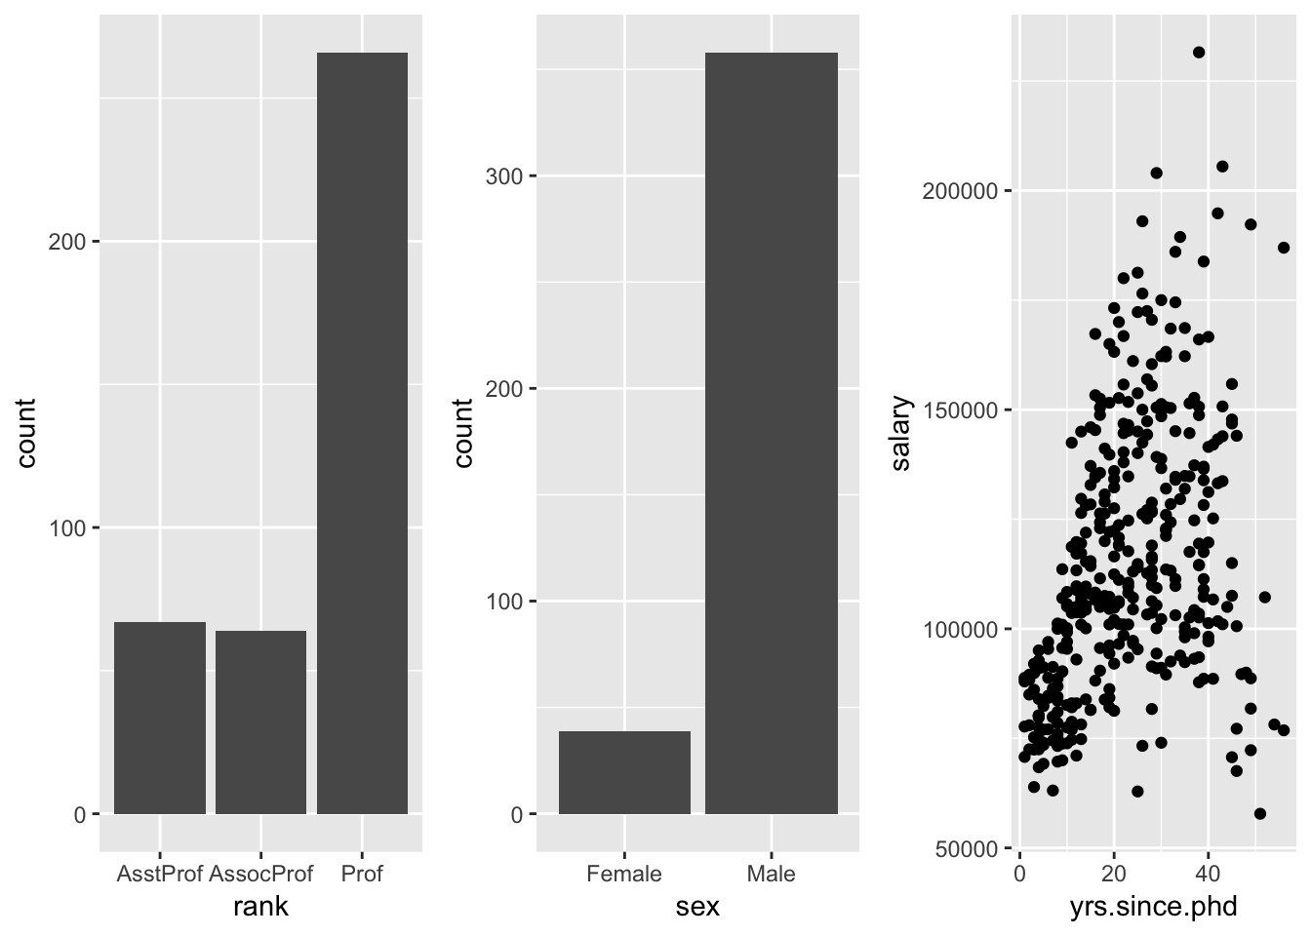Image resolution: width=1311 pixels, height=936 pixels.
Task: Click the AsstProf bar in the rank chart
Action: (x=160, y=718)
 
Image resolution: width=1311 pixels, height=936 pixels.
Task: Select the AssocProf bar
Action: (x=260, y=721)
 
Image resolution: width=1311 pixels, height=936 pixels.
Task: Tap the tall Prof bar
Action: (x=362, y=433)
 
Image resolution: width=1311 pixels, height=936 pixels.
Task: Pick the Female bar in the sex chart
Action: (x=624, y=772)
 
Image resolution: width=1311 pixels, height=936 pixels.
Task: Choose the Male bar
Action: (x=771, y=433)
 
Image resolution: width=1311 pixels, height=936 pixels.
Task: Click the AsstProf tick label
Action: (x=160, y=874)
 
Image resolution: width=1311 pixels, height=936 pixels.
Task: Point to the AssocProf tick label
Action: (x=260, y=874)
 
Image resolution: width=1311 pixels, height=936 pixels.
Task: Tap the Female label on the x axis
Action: (x=624, y=874)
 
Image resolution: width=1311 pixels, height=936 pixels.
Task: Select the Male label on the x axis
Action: (x=771, y=874)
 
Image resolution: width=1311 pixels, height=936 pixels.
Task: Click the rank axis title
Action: (x=260, y=908)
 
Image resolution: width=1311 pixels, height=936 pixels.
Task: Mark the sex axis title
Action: (x=697, y=908)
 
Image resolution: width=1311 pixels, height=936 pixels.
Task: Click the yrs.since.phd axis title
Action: (x=1153, y=908)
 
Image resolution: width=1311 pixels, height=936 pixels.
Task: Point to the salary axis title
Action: (x=900, y=433)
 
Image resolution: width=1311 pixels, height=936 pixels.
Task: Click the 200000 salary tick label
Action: (x=960, y=191)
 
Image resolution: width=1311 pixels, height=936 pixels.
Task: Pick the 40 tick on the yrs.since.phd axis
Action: (x=1208, y=874)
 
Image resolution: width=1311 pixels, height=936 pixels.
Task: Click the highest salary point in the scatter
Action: (x=1199, y=53)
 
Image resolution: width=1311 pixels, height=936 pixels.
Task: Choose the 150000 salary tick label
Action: (x=960, y=410)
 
